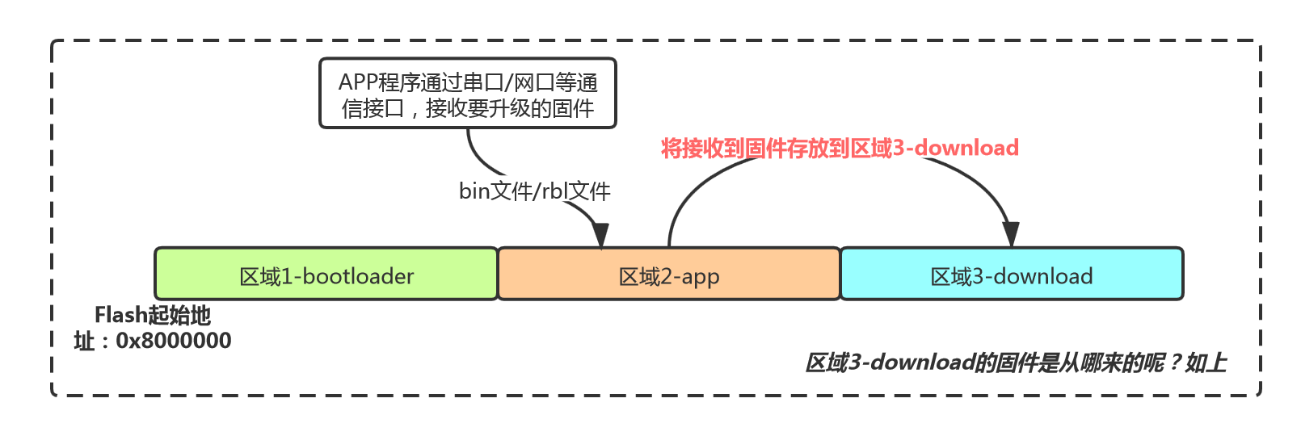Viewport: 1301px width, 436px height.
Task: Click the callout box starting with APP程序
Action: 468,94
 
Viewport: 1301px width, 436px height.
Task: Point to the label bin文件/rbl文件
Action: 534,191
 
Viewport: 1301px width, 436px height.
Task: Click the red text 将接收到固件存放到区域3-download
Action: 840,148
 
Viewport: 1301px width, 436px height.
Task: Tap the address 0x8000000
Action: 174,341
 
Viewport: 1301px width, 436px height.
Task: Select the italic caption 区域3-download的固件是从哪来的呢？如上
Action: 1016,363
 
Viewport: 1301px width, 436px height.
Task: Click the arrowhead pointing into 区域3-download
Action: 1010,235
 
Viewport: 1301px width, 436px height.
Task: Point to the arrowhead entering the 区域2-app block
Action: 600,235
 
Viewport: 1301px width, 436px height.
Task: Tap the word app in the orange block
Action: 700,277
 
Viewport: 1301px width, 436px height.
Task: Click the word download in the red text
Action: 966,148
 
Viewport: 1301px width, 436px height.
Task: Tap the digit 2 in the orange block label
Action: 667,276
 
